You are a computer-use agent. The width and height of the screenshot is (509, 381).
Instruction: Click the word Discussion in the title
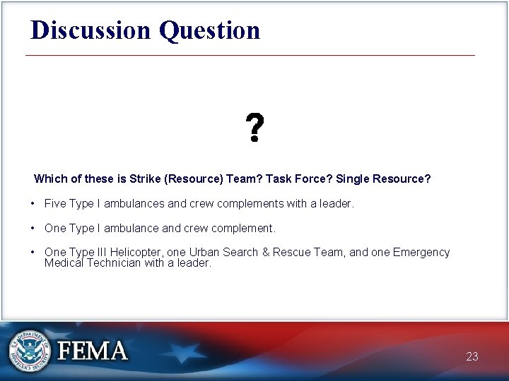[91, 30]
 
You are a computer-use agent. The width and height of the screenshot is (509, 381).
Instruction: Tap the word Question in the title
[209, 30]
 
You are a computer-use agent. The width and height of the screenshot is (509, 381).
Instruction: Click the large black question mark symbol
[255, 128]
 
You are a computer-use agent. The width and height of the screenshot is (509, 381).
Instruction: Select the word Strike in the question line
[146, 179]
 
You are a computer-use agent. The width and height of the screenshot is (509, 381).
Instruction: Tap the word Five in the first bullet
[55, 204]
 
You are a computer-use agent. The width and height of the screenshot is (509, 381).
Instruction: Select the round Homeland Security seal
[29, 351]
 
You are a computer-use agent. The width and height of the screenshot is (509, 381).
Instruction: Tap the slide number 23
[472, 357]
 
